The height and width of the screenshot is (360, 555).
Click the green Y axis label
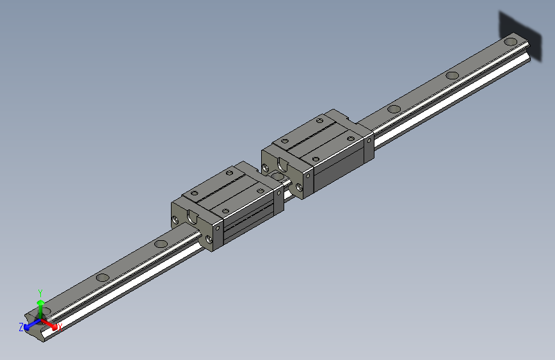(40, 291)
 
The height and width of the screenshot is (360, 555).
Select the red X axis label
(59, 327)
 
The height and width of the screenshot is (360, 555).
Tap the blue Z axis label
(21, 327)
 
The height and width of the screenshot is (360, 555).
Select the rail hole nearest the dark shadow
(510, 42)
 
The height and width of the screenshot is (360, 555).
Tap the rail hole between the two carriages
(278, 175)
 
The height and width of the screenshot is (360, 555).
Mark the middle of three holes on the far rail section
(452, 75)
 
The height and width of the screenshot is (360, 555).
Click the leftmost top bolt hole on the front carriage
(195, 193)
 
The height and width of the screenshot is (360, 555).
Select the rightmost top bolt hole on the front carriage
(261, 189)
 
